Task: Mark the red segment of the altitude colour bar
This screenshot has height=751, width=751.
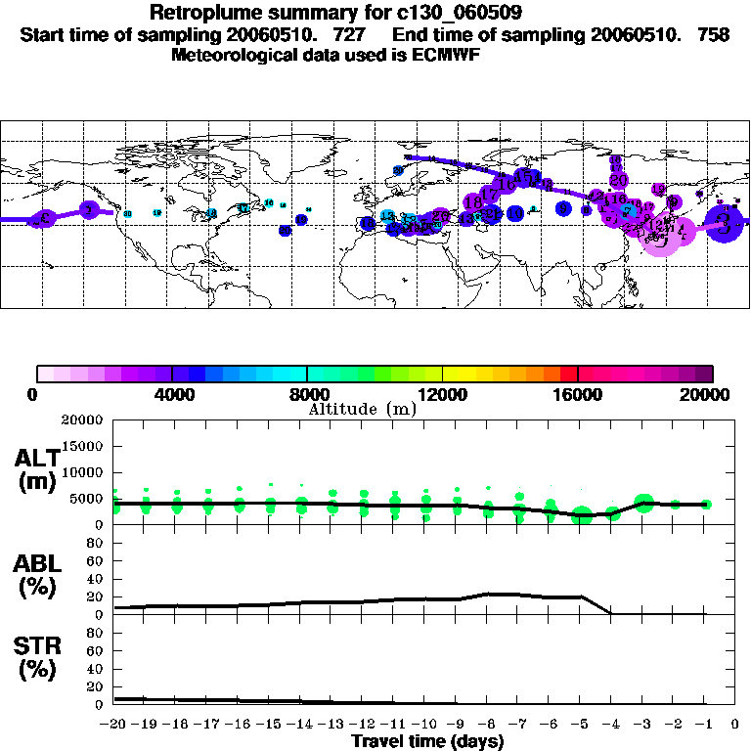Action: [569, 374]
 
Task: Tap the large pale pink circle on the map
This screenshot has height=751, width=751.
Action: [661, 235]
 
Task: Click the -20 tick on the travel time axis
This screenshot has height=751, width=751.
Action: [114, 724]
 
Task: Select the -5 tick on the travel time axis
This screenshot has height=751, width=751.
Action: [580, 724]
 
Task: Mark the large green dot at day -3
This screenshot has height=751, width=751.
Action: [643, 503]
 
